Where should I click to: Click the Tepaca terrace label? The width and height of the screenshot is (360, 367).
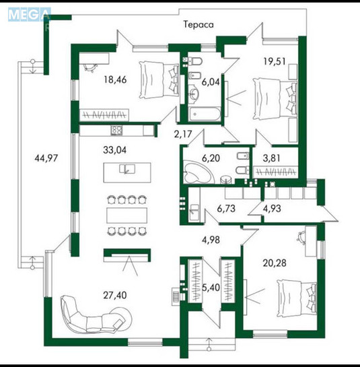tap(199, 25)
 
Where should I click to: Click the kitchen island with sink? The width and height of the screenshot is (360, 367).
tap(133, 171)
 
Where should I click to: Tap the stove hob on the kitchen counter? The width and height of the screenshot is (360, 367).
tap(116, 130)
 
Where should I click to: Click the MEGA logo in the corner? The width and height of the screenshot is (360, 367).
tap(28, 15)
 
